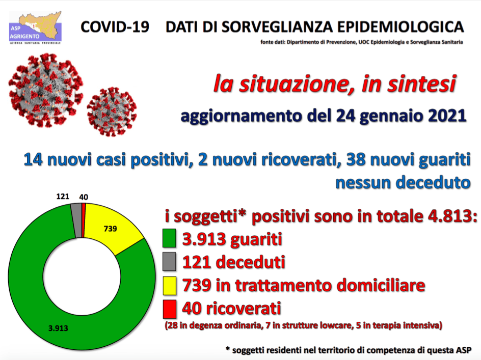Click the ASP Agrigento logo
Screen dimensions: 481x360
tap(35, 27)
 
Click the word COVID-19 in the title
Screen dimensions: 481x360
tap(115, 27)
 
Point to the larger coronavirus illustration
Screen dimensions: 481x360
tap(46, 90)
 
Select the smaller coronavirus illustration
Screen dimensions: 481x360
tap(112, 112)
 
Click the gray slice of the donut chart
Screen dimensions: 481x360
tap(76, 220)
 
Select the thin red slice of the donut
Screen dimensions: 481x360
tap(84, 220)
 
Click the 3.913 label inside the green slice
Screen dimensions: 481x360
tap(58, 328)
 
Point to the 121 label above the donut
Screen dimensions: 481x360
tap(63, 196)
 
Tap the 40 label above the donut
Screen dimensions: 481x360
tap(84, 197)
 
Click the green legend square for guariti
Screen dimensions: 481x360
tap(169, 238)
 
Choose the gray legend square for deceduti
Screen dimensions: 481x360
tap(169, 261)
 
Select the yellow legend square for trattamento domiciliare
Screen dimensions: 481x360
tap(169, 285)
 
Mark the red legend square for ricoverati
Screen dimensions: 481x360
tap(169, 309)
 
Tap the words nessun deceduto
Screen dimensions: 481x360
tap(403, 183)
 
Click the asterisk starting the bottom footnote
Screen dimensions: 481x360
tap(228, 348)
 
